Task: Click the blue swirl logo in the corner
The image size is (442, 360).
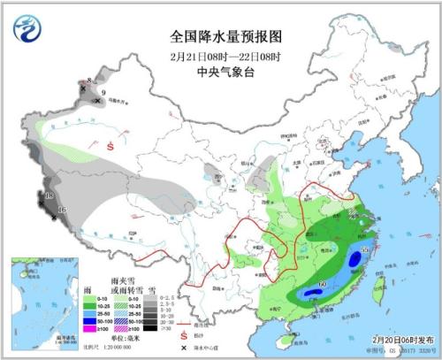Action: (x=27, y=29)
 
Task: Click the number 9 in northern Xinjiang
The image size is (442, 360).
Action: (x=103, y=93)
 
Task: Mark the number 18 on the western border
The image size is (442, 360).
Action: (x=49, y=195)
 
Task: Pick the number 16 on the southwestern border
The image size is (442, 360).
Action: (x=61, y=209)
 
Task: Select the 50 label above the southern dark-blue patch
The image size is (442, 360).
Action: (x=323, y=281)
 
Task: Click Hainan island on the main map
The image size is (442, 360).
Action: (x=281, y=341)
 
